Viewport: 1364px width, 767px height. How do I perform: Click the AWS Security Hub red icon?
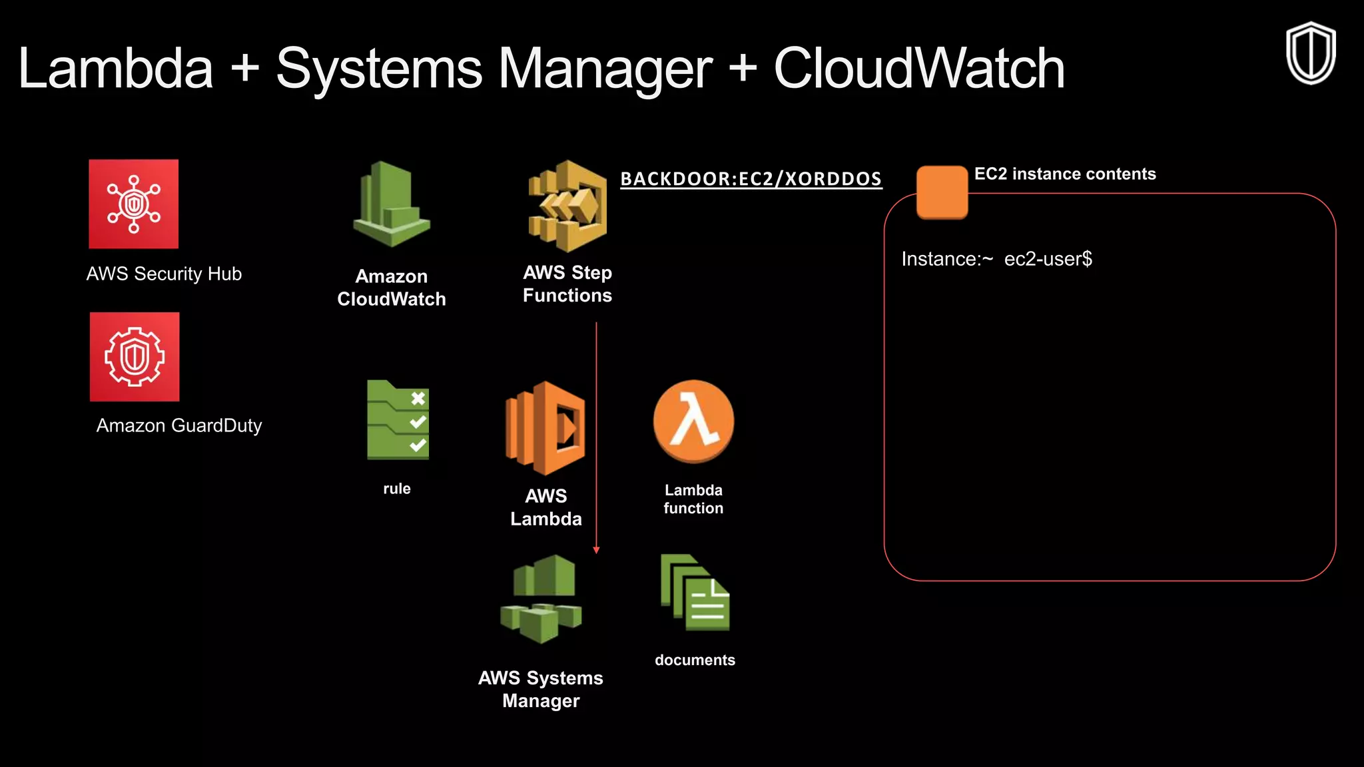coord(134,204)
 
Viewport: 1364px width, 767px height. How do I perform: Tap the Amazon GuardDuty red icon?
coord(135,357)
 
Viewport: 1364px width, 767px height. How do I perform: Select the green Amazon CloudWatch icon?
coord(392,204)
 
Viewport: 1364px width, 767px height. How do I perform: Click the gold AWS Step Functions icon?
coord(567,206)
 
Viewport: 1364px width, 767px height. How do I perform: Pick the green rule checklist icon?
coord(398,420)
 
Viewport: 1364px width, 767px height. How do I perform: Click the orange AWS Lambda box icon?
coord(545,428)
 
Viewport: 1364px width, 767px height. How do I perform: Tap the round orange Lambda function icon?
coord(693,421)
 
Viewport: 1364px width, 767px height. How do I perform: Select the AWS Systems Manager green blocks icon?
coord(541,599)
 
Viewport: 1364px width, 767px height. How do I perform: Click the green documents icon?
coord(695,593)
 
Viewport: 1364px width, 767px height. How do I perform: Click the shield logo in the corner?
coord(1310,53)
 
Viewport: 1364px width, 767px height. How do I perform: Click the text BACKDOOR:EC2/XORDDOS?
coord(751,178)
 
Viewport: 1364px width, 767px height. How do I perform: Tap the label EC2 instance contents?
coord(1064,174)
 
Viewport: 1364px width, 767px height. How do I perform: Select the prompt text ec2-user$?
coord(1048,259)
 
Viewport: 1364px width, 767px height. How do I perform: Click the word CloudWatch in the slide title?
coord(919,69)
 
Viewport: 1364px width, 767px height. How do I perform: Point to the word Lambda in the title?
coord(116,69)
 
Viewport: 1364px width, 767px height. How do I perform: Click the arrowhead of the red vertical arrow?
coord(596,550)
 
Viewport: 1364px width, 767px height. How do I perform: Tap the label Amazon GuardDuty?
coord(179,425)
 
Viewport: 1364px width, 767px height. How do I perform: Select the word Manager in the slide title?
coord(605,69)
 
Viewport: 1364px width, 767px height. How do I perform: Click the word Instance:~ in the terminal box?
coord(946,259)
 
